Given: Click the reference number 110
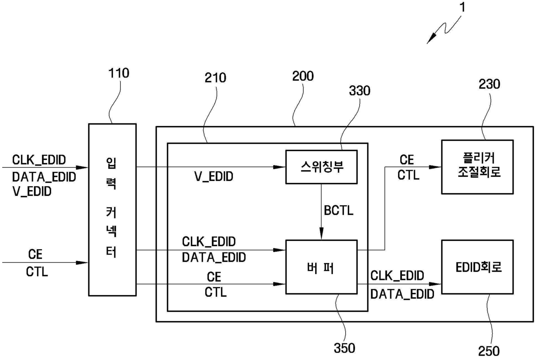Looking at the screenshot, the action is [119, 73].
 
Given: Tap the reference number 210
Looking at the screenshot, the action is [215, 78].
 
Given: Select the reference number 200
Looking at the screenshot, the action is [303, 76].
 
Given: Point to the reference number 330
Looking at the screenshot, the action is [359, 91].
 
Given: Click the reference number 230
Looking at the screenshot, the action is [489, 84].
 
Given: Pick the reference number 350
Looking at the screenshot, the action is [344, 348].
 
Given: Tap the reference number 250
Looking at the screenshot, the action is [489, 351].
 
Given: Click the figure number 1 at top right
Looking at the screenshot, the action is [463, 7].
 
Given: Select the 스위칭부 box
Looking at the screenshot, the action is [321, 167].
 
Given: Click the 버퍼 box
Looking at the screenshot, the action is [321, 267].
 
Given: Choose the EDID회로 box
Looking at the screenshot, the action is [477, 267].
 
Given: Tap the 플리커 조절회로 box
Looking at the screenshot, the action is [477, 167].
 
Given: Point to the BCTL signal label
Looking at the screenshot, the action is [339, 211].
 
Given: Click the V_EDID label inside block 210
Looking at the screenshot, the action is [214, 176].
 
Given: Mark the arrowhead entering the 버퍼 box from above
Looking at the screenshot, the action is [321, 234].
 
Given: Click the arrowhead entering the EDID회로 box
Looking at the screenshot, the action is [435, 284].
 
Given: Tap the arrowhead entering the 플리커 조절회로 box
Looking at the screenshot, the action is [435, 167].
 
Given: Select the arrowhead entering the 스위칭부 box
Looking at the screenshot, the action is [279, 167].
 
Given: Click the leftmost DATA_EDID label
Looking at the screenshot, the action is [44, 177].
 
